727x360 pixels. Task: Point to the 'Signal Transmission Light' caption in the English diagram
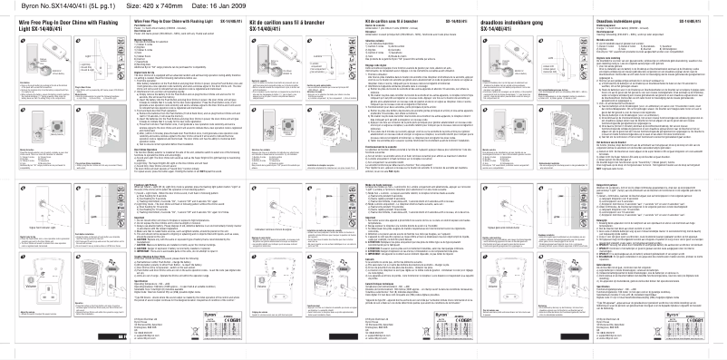(40, 244)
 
